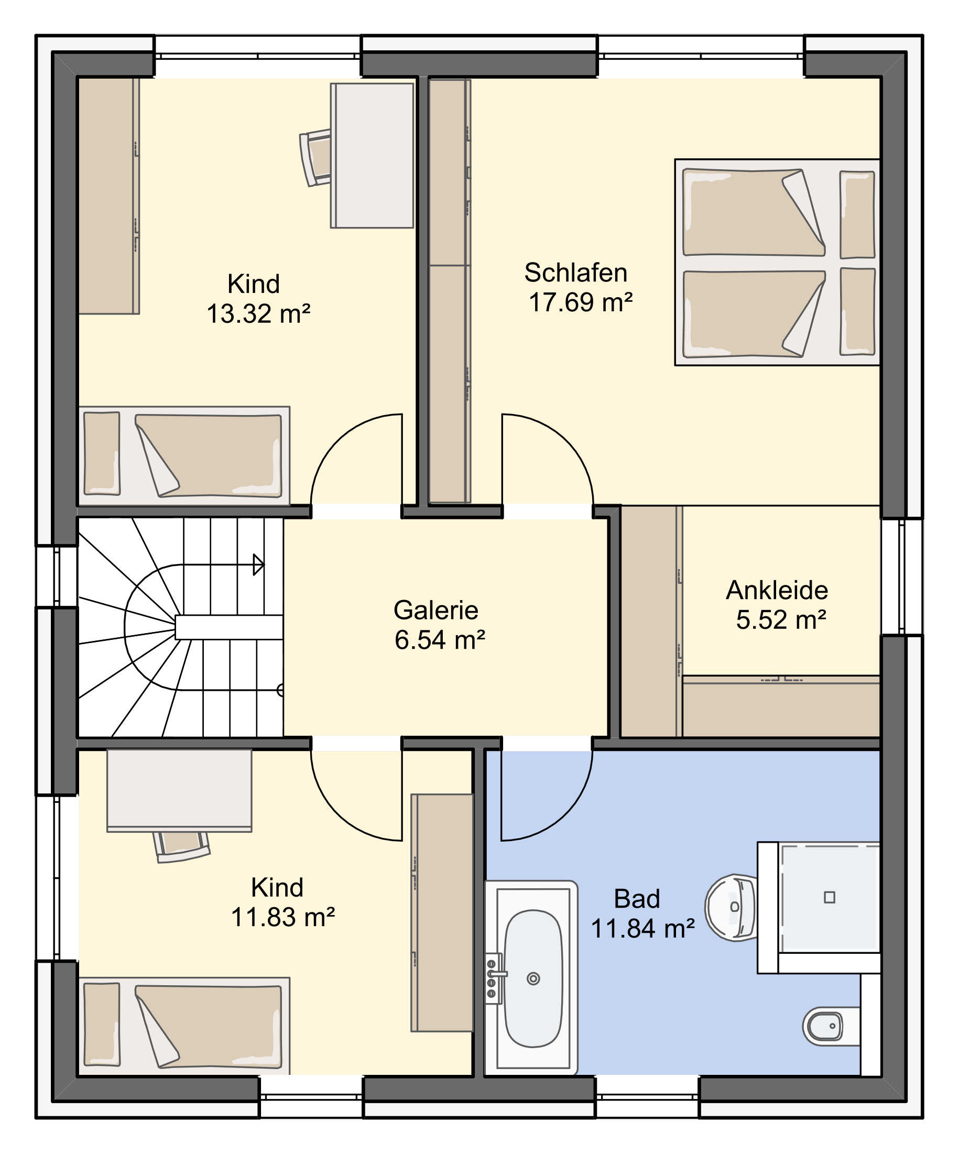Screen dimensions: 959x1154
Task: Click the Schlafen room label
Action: tap(575, 273)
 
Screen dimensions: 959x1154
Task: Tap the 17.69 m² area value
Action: tap(580, 302)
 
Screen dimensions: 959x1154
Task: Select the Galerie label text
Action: tap(436, 611)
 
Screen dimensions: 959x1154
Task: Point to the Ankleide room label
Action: tap(777, 590)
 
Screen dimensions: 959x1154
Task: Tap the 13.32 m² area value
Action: tap(258, 314)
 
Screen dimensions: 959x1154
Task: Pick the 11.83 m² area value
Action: tap(282, 917)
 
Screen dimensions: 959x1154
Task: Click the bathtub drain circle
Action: tap(533, 978)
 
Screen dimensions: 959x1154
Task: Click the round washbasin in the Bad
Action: tap(731, 907)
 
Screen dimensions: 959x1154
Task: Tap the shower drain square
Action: tap(830, 897)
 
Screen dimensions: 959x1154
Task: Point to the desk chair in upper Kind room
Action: tap(315, 158)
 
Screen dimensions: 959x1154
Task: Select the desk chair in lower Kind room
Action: tap(182, 847)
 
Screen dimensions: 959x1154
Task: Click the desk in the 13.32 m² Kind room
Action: tap(372, 156)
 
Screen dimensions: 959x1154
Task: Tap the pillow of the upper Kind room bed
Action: tap(102, 453)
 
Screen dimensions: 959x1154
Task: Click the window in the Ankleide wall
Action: tap(902, 576)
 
